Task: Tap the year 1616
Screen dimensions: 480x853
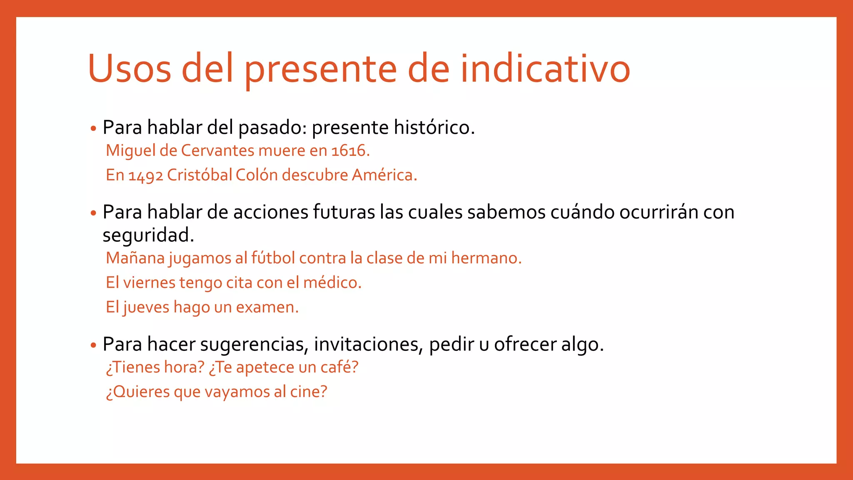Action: (350, 150)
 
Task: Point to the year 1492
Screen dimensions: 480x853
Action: (145, 175)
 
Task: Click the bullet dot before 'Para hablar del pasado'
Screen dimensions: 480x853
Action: (93, 128)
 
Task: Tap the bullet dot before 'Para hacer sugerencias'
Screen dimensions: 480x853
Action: (93, 345)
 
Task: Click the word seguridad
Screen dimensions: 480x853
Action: (148, 235)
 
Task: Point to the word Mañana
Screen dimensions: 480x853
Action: (135, 258)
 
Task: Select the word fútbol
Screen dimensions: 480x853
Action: (273, 258)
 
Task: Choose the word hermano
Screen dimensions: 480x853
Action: (486, 258)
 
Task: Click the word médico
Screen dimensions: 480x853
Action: (332, 282)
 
